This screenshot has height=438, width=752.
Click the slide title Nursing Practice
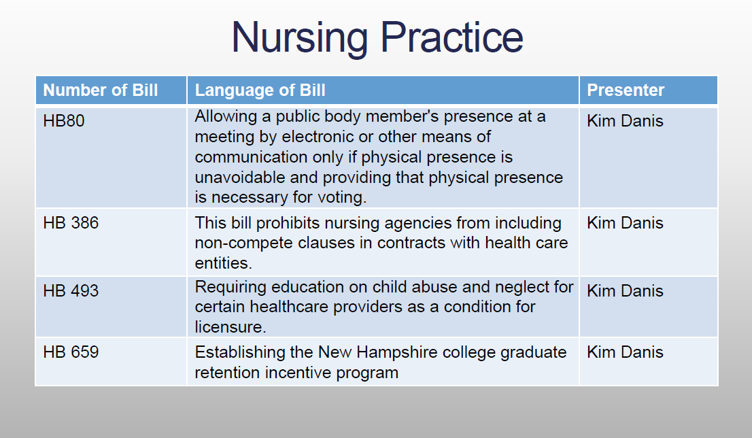pyautogui.click(x=377, y=37)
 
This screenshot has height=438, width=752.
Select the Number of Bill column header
pyautogui.click(x=100, y=90)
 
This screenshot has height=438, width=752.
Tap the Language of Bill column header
pyautogui.click(x=260, y=90)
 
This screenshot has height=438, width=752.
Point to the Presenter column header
pyautogui.click(x=626, y=90)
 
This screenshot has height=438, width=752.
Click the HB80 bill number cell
pyautogui.click(x=64, y=121)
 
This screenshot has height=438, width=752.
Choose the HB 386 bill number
pyautogui.click(x=71, y=222)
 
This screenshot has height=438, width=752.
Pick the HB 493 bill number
pyautogui.click(x=71, y=290)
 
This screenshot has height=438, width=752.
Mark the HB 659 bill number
pyautogui.click(x=71, y=352)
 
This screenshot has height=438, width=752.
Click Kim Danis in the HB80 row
pyautogui.click(x=625, y=121)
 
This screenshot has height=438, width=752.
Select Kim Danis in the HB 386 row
pyautogui.click(x=625, y=222)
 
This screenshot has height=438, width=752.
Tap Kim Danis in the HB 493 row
pyautogui.click(x=625, y=290)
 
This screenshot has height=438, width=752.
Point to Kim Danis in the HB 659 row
pyautogui.click(x=625, y=352)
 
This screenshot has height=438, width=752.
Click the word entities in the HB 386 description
pyautogui.click(x=223, y=263)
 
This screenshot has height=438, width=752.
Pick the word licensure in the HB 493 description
pyautogui.click(x=230, y=327)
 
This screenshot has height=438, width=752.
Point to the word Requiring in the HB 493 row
pyautogui.click(x=230, y=288)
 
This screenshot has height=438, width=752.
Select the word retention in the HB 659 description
pyautogui.click(x=227, y=373)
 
